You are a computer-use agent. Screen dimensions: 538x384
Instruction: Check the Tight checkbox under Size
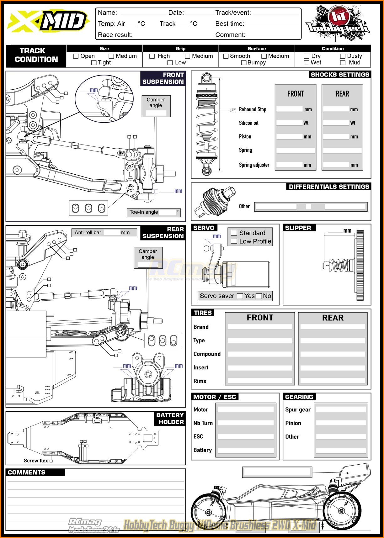click(x=93, y=63)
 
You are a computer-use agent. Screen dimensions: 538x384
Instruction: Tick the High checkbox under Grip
click(x=152, y=56)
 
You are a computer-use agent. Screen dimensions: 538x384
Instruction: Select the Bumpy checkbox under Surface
click(x=243, y=63)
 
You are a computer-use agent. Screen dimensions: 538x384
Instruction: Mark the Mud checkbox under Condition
click(x=343, y=63)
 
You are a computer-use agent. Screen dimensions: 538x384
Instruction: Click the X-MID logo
click(x=49, y=22)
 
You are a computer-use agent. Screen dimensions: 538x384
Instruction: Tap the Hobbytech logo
click(x=338, y=24)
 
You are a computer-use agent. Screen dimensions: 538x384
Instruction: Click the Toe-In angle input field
click(x=167, y=212)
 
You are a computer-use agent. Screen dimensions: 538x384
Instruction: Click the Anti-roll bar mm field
click(x=112, y=233)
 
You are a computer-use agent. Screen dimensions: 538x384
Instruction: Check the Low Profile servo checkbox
click(x=234, y=241)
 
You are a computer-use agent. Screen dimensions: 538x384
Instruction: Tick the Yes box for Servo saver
click(x=240, y=296)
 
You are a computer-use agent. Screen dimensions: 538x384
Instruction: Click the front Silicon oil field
click(x=289, y=123)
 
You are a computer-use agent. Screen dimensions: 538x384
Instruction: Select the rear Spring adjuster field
click(x=336, y=165)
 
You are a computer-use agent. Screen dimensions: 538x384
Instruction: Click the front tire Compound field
click(x=260, y=354)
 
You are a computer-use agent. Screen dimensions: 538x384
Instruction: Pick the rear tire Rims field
click(x=333, y=381)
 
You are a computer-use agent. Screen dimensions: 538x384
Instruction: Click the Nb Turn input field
click(x=246, y=423)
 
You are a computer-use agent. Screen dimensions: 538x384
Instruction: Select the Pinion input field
click(x=341, y=423)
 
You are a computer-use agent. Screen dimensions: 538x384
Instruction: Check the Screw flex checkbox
click(x=51, y=461)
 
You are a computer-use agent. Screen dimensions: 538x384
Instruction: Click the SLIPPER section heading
click(x=298, y=228)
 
